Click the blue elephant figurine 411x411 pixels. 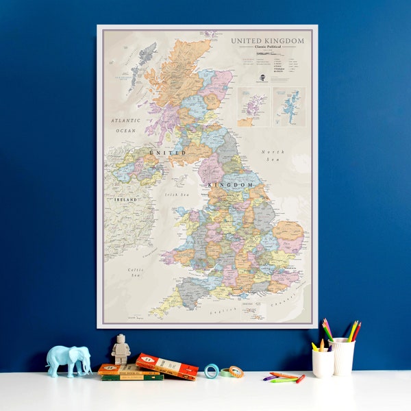[x=68, y=360]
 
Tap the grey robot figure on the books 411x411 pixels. [x=121, y=349]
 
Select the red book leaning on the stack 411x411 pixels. [x=167, y=366]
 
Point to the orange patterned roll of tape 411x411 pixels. [x=235, y=372]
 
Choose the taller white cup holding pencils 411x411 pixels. [x=342, y=356]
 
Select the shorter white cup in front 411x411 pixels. [x=323, y=364]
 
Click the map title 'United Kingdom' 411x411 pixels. [x=267, y=41]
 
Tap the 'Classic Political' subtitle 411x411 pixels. [x=268, y=48]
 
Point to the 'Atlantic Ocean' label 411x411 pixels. [x=126, y=125]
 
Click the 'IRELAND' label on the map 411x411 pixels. [x=125, y=199]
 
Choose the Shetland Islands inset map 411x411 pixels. [x=290, y=106]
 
